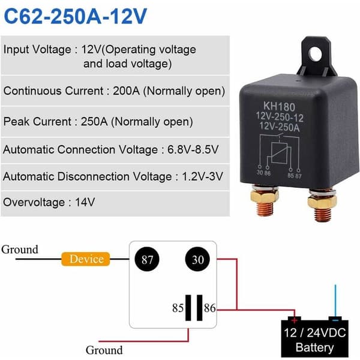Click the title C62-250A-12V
pos(76,16)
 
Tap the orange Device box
pos(86,259)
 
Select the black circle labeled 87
pos(147,259)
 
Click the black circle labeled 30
pos(197,259)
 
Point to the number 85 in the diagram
pos(178,308)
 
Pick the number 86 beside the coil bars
pos(209,308)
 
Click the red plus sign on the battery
pos(294,320)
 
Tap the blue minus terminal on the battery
pos(335,319)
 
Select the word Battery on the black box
pos(314,347)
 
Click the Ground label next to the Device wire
pos(20,250)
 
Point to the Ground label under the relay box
pos(104,350)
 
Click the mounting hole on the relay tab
pos(316,54)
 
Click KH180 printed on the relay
pos(279,107)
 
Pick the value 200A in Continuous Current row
pos(126,91)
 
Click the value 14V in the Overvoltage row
pos(85,202)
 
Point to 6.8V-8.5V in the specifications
pos(193,149)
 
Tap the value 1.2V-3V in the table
pos(202,176)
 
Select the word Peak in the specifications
pos(17,121)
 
